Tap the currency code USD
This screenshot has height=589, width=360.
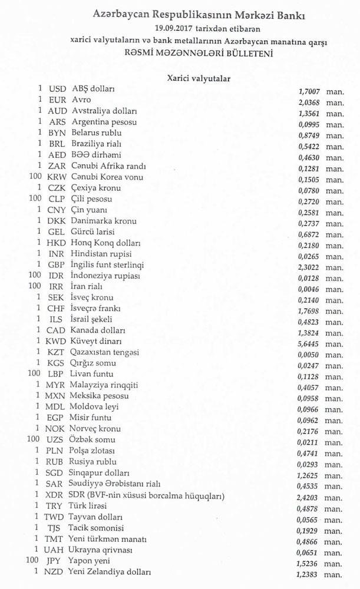pos(57,89)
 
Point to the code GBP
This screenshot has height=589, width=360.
pos(57,264)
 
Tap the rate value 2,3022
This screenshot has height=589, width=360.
pos(310,266)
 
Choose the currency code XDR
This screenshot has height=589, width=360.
pos(56,495)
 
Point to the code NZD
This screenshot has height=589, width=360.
pos(56,572)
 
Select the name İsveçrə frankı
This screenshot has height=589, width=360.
pos(96,308)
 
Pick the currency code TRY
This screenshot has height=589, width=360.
pos(57,507)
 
